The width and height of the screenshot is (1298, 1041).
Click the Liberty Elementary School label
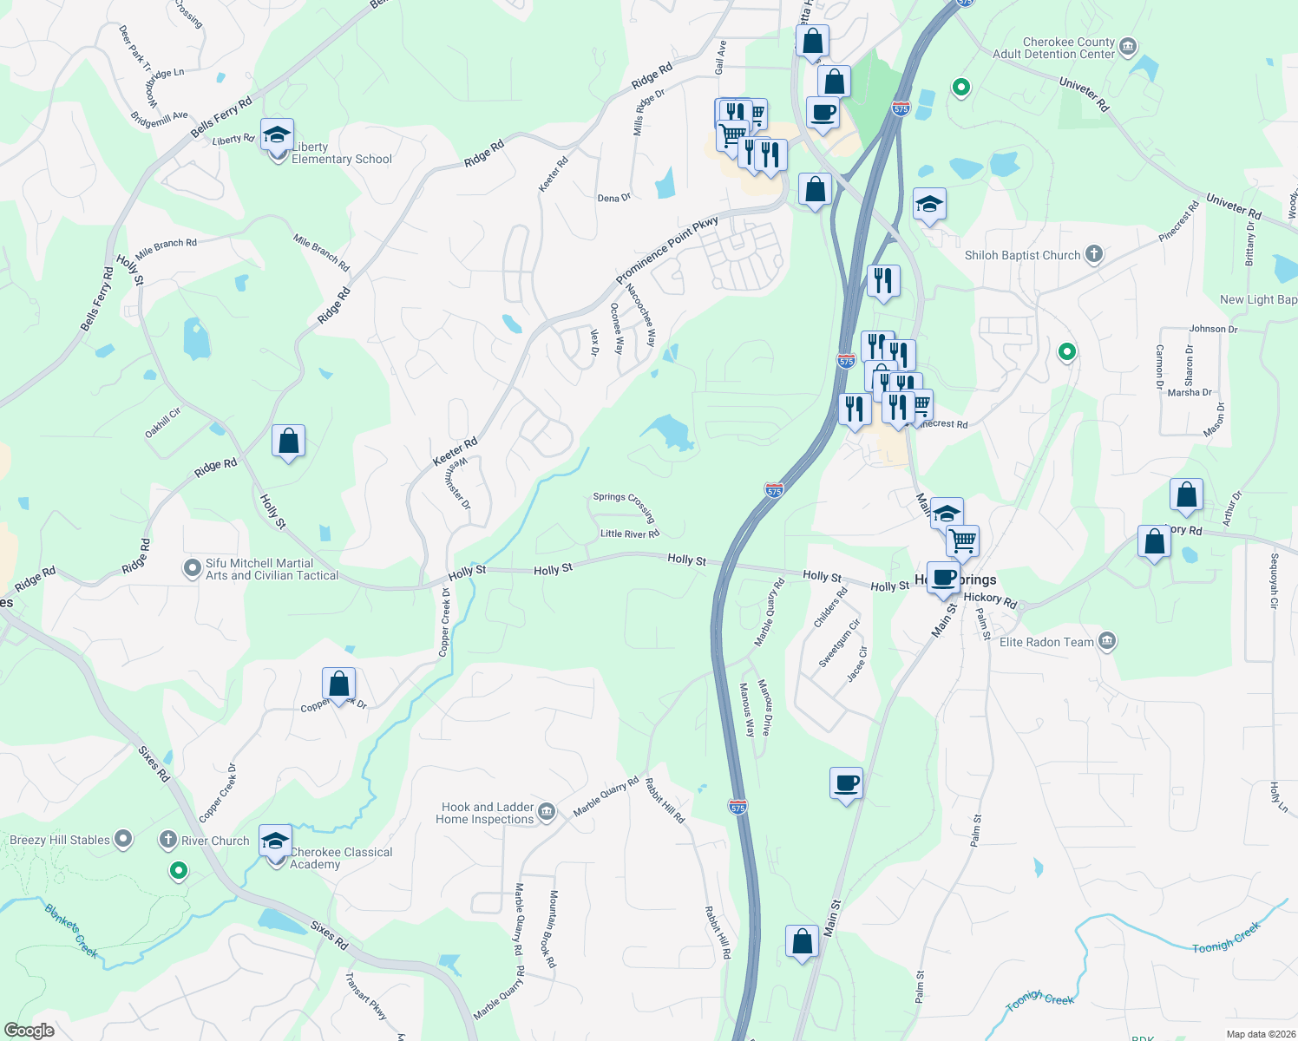341,154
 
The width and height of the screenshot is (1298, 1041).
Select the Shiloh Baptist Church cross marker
1094,254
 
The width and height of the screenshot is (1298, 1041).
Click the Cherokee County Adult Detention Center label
1068,48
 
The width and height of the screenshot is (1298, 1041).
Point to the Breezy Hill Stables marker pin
123,839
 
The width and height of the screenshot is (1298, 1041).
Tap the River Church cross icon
168,840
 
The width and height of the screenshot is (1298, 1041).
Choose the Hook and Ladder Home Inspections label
487,813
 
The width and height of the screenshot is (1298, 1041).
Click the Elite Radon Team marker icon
1106,642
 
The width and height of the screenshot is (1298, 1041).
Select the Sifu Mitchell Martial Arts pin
192,568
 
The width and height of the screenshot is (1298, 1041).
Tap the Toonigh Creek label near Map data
1226,938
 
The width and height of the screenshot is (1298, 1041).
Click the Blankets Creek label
71,930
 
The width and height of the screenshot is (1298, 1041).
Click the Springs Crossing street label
624,505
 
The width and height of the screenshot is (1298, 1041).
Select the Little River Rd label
630,534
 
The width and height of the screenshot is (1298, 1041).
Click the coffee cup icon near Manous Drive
846,783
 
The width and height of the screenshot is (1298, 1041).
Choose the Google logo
29,1031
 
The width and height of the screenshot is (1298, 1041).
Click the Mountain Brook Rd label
551,928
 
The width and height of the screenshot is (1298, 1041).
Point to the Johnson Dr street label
1213,329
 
